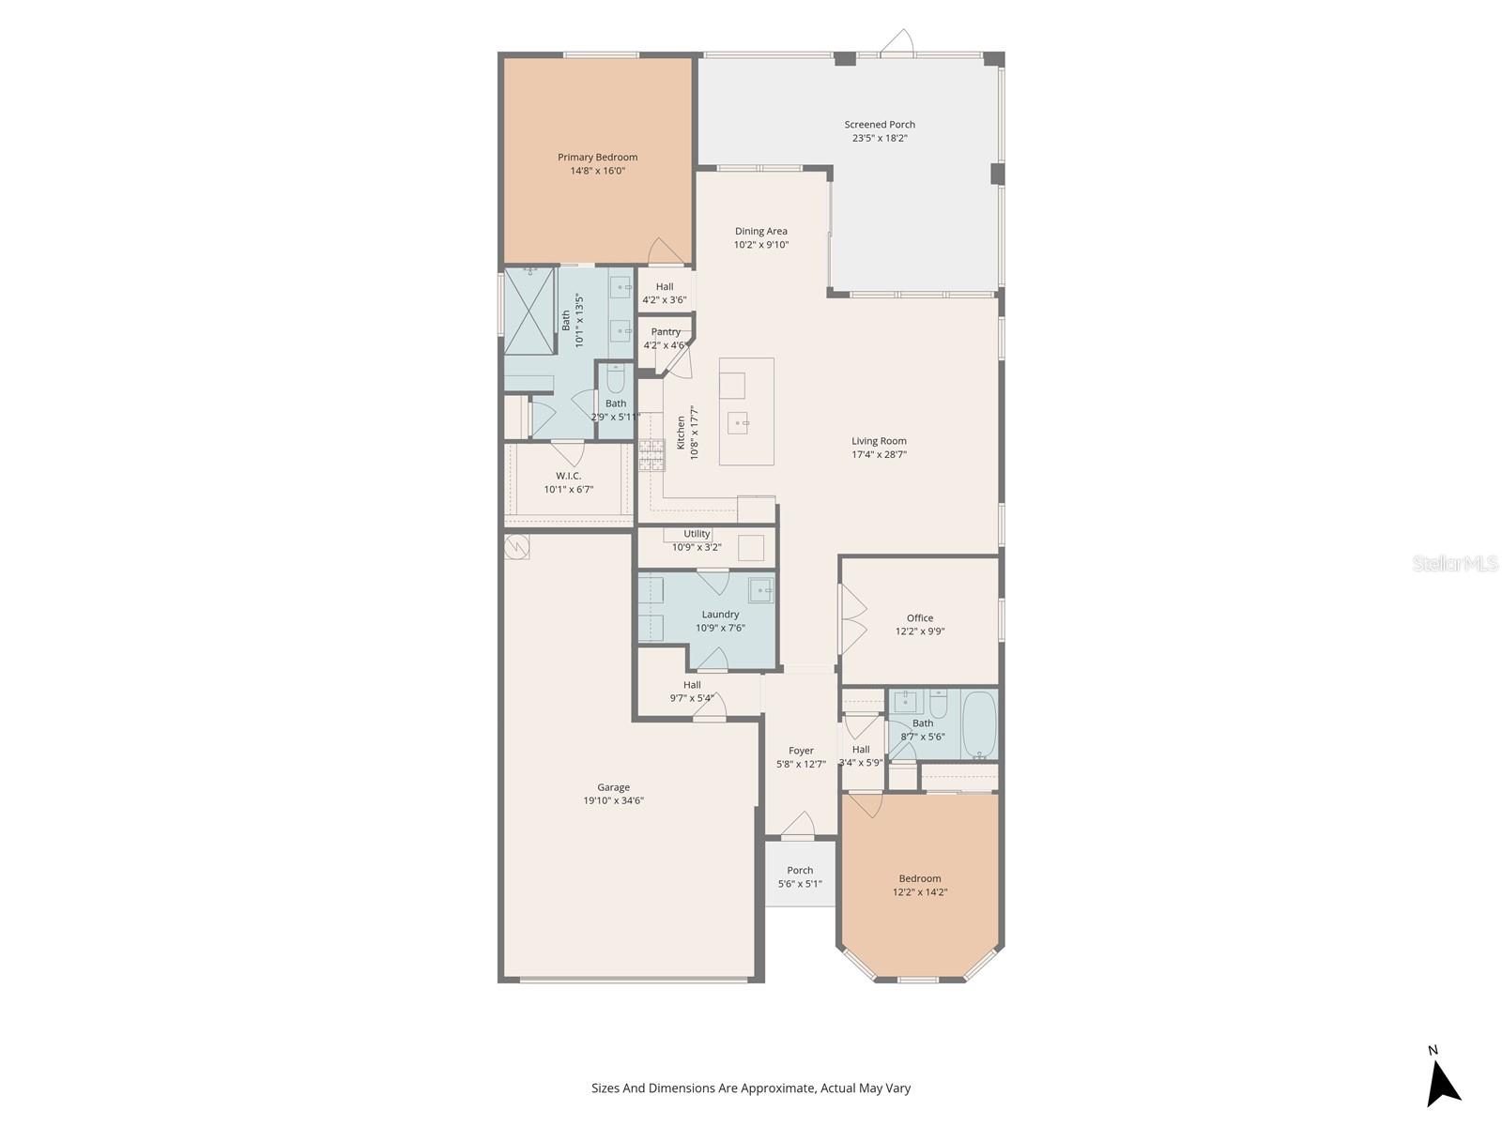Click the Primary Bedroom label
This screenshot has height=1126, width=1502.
(597, 158)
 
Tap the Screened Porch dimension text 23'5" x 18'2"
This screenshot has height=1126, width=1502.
(880, 138)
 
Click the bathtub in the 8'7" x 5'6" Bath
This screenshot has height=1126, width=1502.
(979, 724)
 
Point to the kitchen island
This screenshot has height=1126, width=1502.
(747, 411)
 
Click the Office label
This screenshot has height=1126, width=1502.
(920, 617)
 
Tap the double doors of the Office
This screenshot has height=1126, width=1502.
(852, 619)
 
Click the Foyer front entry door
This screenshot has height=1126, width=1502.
(798, 826)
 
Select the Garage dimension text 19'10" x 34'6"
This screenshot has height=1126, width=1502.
(613, 800)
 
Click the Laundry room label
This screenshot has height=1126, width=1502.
(720, 615)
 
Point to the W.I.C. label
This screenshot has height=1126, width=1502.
(568, 476)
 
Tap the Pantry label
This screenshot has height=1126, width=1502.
(666, 332)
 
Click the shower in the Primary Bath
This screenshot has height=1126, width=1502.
(529, 310)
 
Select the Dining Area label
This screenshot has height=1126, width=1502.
(761, 231)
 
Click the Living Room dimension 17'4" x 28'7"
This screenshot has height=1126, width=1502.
(880, 454)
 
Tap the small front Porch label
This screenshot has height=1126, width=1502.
(800, 870)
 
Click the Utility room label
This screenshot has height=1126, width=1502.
(697, 534)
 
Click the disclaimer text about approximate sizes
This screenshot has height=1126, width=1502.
(751, 1088)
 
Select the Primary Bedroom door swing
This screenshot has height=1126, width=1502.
(665, 251)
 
